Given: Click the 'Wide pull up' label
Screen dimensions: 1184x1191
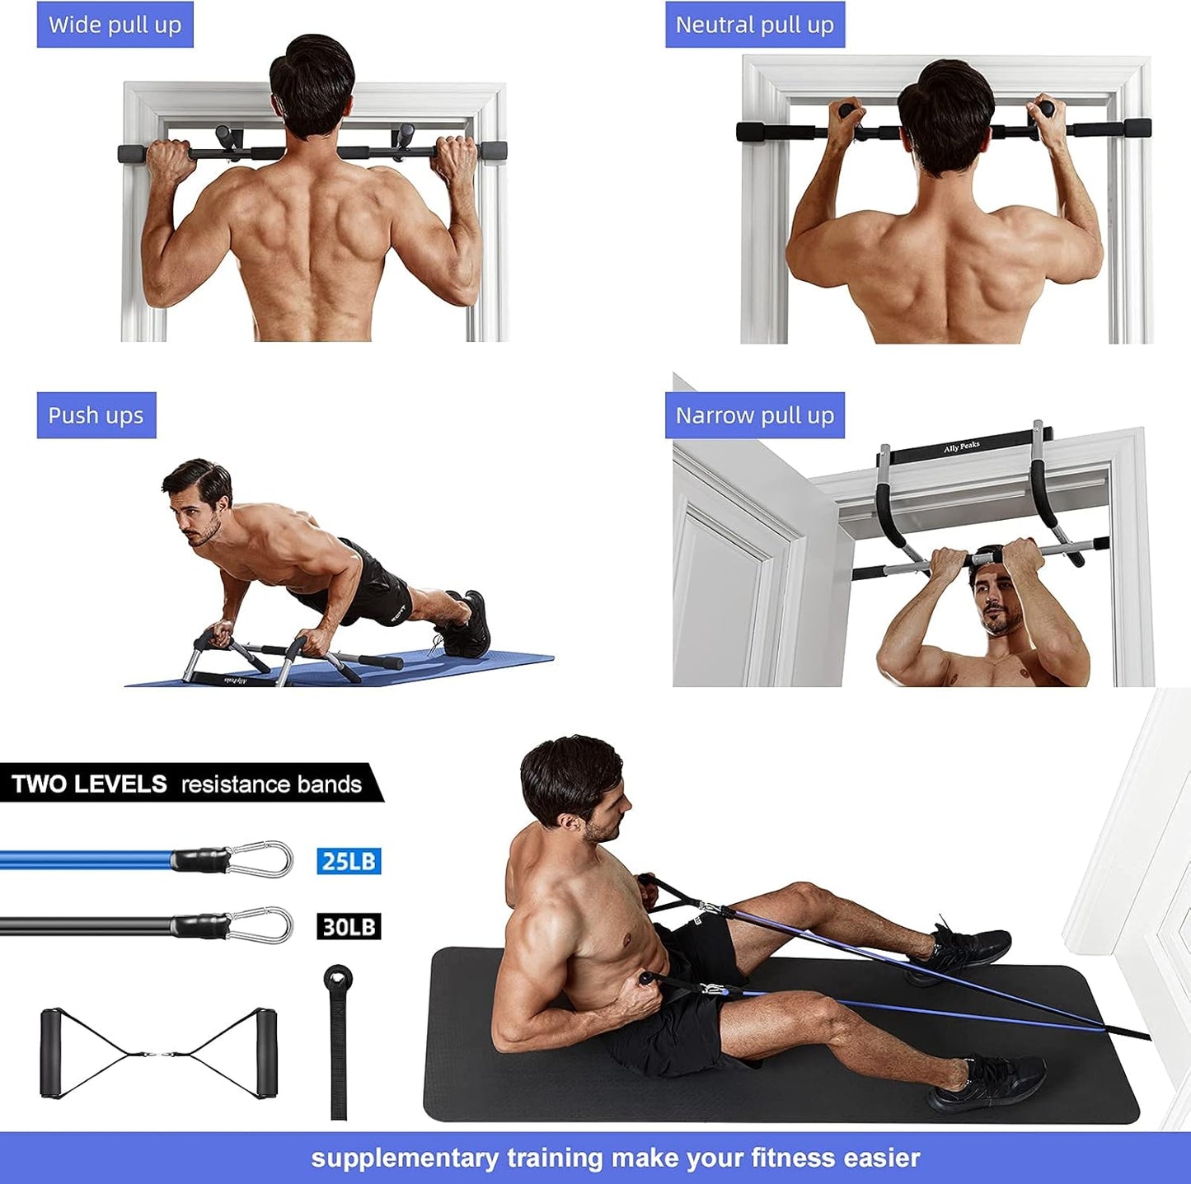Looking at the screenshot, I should [115, 25].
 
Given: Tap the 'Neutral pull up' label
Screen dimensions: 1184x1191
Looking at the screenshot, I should [754, 25].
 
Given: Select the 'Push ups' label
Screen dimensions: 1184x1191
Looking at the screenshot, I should [96, 415].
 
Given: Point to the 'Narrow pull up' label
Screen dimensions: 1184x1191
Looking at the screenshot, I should [754, 415].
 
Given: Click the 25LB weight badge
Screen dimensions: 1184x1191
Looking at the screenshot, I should [349, 862].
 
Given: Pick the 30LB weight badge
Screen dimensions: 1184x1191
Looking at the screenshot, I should [349, 927].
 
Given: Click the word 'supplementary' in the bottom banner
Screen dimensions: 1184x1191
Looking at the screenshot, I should [405, 1158].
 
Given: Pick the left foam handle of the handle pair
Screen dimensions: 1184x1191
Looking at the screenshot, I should [52, 1053].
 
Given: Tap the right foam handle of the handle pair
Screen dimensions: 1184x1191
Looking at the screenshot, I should [265, 1053].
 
